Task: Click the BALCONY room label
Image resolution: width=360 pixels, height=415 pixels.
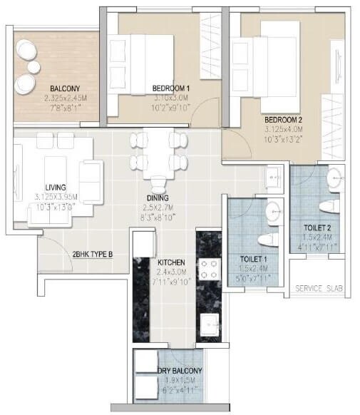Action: click(49, 88)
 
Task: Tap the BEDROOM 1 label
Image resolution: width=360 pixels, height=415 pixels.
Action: click(170, 88)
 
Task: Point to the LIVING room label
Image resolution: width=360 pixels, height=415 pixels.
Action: click(49, 187)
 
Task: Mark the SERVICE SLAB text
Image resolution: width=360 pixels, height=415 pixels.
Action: click(319, 290)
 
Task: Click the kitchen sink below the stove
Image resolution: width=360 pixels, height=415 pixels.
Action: click(208, 322)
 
